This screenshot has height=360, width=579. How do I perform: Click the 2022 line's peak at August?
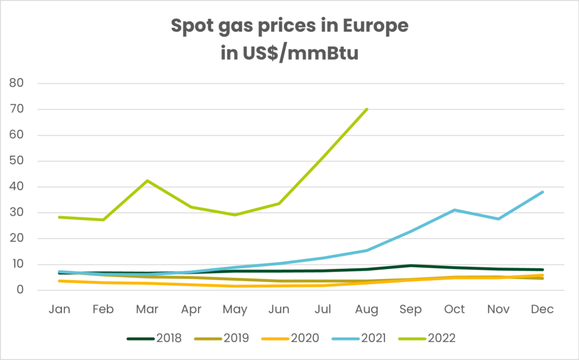point(367,109)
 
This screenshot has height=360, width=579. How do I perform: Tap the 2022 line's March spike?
point(147,180)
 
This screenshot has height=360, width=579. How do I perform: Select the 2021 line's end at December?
point(542,192)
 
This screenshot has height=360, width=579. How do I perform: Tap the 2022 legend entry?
point(440,338)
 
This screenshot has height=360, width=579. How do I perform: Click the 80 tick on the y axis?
point(17,83)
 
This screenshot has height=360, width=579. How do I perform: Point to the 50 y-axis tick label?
point(17,161)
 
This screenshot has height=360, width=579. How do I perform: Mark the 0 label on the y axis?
point(19,290)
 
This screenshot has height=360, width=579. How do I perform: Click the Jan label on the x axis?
point(60,309)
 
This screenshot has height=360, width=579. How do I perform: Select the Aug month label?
point(367,309)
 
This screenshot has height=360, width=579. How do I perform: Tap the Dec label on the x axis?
point(542,309)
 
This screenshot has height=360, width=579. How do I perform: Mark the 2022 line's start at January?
point(60,217)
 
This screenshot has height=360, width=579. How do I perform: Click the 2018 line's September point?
point(411,265)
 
